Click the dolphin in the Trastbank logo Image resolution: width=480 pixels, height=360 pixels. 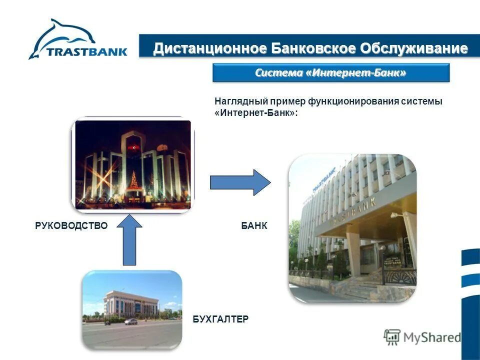click(x=70, y=35)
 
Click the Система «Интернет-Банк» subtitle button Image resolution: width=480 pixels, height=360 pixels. click(x=331, y=73)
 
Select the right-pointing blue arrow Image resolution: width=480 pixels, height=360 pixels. click(x=240, y=182)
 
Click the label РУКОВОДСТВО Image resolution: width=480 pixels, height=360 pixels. click(x=71, y=226)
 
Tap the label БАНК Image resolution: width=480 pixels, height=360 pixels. click(x=254, y=226)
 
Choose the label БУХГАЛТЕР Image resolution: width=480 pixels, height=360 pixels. click(x=220, y=319)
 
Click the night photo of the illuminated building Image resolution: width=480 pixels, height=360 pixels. click(x=133, y=164)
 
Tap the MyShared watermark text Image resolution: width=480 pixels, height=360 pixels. click(x=432, y=337)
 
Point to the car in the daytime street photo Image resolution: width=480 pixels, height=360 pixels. click(x=131, y=321)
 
